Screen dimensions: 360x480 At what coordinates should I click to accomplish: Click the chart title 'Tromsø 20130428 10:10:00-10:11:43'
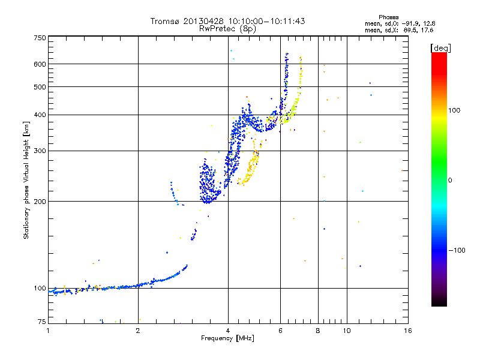[227, 21]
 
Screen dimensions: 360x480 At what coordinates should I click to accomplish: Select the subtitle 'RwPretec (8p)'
[227, 28]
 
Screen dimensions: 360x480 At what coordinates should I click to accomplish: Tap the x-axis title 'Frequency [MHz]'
[227, 339]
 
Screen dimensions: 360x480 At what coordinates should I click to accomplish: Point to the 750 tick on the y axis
[40, 38]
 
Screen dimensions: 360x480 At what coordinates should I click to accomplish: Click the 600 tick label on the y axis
[40, 64]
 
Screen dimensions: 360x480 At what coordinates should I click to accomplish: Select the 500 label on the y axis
[40, 87]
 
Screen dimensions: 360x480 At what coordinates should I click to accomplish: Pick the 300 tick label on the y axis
[40, 151]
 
